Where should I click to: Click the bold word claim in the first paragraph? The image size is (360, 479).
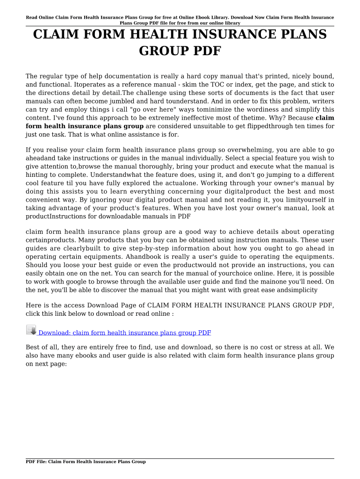pyautogui.click(x=325, y=118)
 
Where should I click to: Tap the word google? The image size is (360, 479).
pyautogui.click(x=78, y=282)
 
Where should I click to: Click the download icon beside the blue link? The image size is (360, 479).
pyautogui.click(x=31, y=330)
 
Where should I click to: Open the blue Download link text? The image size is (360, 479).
pyautogui.click(x=124, y=333)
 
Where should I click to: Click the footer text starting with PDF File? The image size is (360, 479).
pyautogui.click(x=86, y=462)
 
